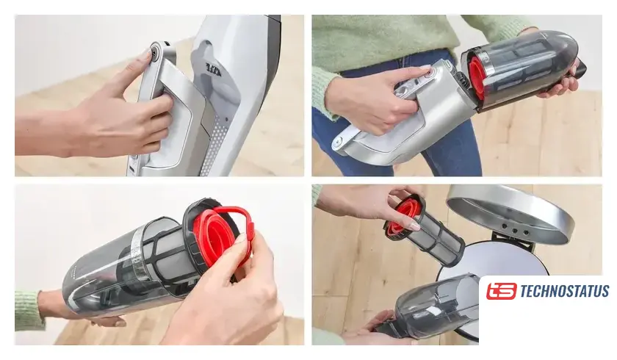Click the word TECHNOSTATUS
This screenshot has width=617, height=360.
click(564, 291)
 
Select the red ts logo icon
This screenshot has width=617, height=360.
click(501, 291)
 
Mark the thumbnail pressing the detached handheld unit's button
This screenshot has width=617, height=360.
click(425, 68)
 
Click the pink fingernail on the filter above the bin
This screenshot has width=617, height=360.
click(414, 226)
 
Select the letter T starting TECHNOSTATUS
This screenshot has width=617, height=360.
click(524, 291)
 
